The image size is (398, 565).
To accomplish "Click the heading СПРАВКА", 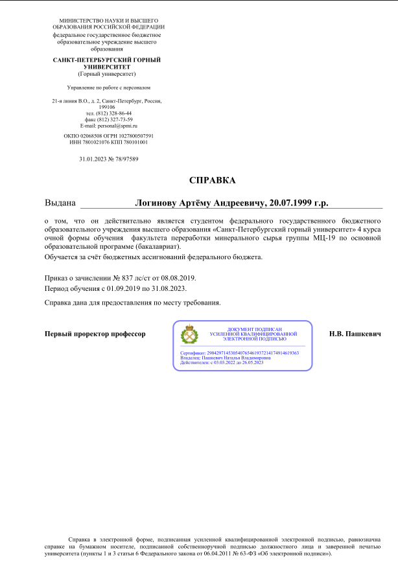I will pyautogui.click(x=212, y=179).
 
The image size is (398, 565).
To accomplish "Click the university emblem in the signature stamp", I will pyautogui.click(x=189, y=334).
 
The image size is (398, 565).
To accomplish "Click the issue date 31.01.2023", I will pyautogui.click(x=91, y=159).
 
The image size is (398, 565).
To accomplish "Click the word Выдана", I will pyautogui.click(x=60, y=203).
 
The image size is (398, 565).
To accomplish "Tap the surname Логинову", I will pyautogui.click(x=156, y=203).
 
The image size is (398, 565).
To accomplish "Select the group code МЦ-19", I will pyautogui.click(x=325, y=238).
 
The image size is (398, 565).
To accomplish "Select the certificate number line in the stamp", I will pyautogui.click(x=239, y=352).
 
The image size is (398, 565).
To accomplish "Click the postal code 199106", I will pyautogui.click(x=107, y=108).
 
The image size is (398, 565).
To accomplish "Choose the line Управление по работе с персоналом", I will pyautogui.click(x=108, y=87).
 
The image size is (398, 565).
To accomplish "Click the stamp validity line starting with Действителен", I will pyautogui.click(x=222, y=362).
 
